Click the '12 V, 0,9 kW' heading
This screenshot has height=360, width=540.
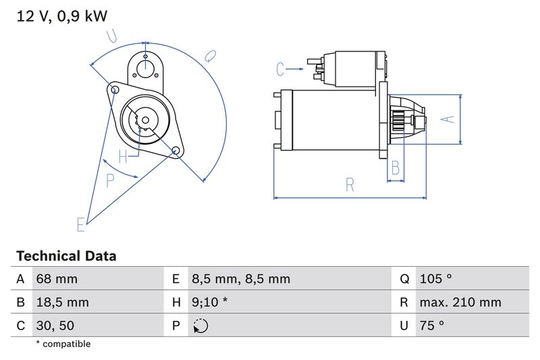(x=61, y=16)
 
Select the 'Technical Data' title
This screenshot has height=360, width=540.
(x=66, y=256)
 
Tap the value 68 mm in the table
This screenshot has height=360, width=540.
(x=57, y=279)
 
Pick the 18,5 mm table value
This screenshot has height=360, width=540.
(x=62, y=302)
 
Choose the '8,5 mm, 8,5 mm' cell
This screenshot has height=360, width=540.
(x=240, y=279)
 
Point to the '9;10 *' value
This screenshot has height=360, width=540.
(x=209, y=302)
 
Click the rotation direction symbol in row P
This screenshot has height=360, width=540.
(x=200, y=326)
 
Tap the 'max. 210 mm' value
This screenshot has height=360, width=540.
(x=460, y=302)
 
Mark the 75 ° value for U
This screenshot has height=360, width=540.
(x=431, y=326)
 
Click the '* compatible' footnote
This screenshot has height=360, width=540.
(x=63, y=344)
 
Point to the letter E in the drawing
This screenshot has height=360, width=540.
(x=81, y=224)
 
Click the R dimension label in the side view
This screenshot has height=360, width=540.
(x=350, y=184)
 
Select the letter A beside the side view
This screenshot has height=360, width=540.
(x=447, y=119)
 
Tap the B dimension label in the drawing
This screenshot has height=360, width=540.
(x=396, y=168)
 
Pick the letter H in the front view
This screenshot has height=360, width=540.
(x=123, y=157)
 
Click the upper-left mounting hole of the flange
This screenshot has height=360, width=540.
(x=115, y=89)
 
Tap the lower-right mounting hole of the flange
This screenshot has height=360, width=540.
(x=175, y=150)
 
